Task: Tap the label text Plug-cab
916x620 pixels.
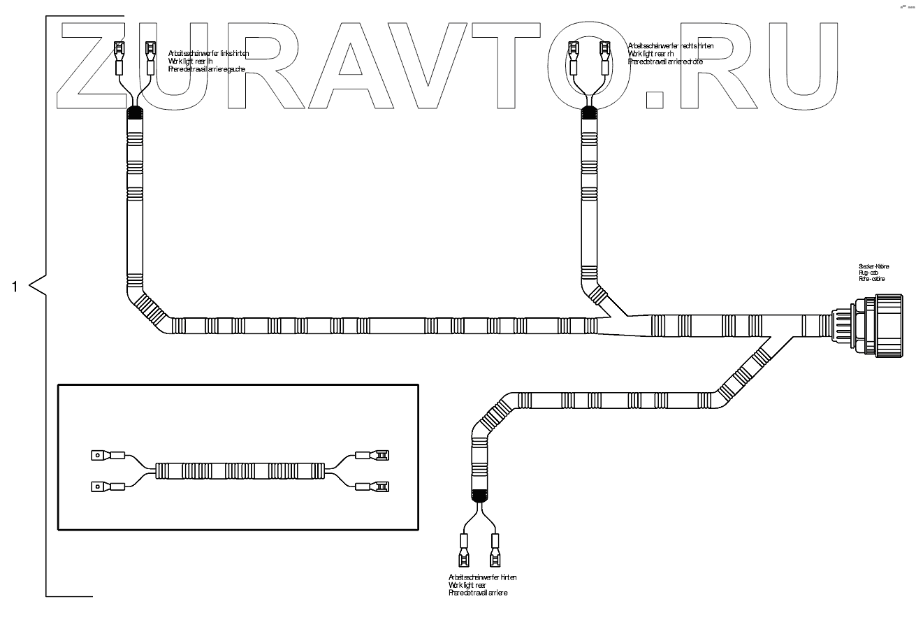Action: point(869,273)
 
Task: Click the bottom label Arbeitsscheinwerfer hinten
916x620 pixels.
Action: point(483,577)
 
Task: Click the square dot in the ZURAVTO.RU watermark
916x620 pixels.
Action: point(655,99)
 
